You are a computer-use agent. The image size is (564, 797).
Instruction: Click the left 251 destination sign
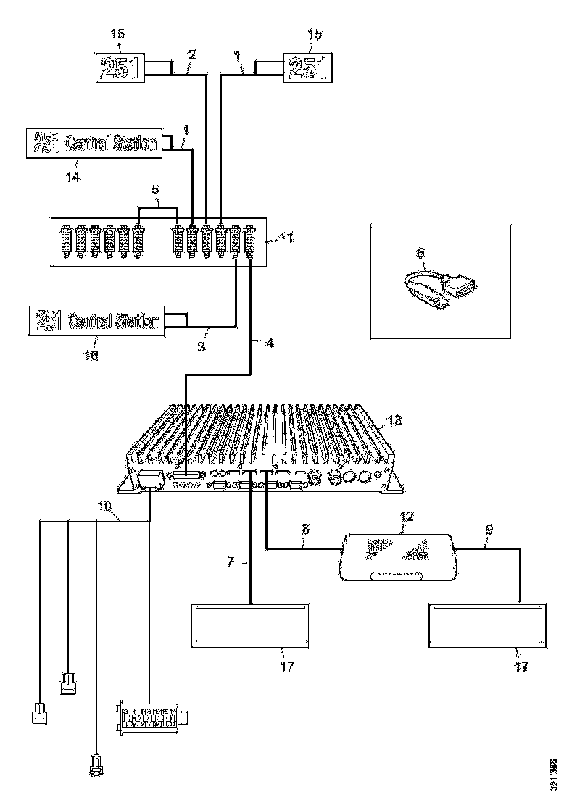(121, 68)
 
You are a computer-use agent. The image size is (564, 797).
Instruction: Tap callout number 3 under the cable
(202, 346)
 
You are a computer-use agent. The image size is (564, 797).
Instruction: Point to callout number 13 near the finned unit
(394, 420)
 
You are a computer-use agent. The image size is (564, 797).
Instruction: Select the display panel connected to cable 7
(250, 626)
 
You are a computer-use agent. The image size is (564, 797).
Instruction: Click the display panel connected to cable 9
(486, 626)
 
